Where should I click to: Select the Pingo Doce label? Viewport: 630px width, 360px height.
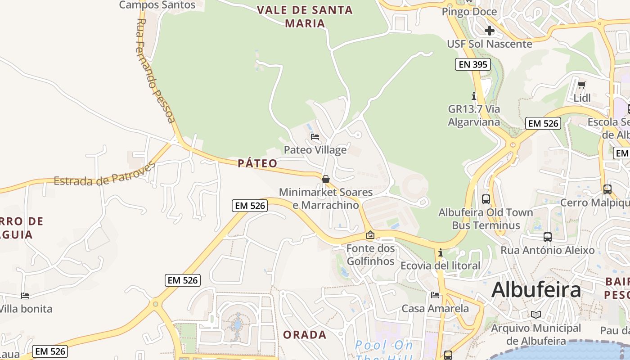click(469, 12)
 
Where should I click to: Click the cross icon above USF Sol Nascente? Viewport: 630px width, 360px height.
click(490, 31)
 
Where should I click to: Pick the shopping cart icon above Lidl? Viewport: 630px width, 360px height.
click(581, 84)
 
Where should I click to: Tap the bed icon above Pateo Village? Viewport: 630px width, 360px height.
click(315, 136)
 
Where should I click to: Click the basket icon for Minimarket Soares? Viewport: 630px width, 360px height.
click(326, 179)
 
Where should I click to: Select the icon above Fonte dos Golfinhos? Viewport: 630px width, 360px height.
click(370, 235)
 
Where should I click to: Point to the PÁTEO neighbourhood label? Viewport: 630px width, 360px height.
click(258, 163)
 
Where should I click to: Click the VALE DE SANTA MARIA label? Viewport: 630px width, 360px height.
click(305, 17)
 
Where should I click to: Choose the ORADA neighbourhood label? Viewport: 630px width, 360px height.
click(305, 335)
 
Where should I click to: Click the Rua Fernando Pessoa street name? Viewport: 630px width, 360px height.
click(155, 71)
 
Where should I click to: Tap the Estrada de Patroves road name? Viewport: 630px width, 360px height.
click(104, 174)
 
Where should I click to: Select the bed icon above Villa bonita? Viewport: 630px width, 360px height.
click(25, 296)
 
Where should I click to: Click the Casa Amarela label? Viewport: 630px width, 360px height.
click(435, 309)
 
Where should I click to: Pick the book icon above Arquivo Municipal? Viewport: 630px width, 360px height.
click(535, 315)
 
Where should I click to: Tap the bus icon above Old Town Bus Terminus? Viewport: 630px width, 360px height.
click(486, 199)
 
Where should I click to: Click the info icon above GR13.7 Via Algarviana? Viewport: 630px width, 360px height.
click(473, 96)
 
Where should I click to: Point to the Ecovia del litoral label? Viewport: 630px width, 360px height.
click(441, 265)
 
